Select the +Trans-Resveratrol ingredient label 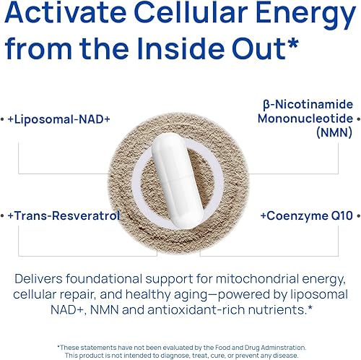point(64,215)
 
